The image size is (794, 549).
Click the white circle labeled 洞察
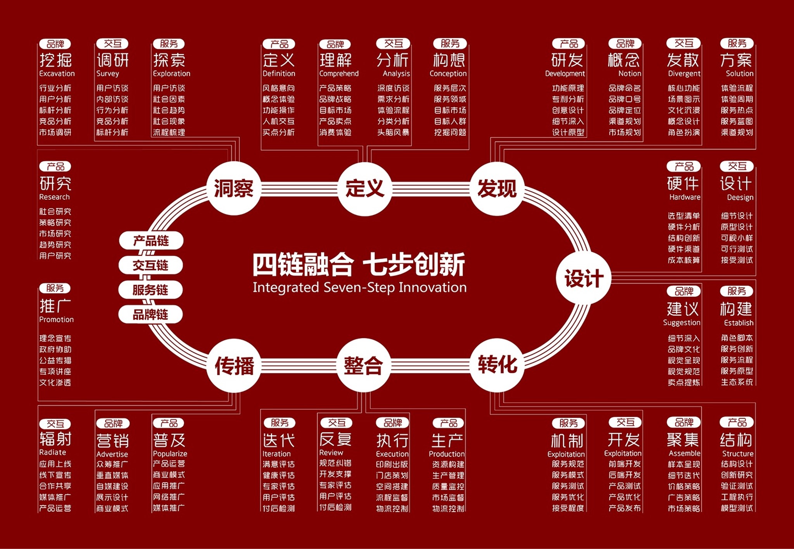[234, 188]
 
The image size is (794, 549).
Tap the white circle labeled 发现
[497, 188]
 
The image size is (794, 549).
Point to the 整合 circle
[364, 365]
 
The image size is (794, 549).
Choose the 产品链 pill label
[151, 241]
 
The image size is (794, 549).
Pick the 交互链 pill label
[151, 265]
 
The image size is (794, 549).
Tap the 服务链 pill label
[150, 290]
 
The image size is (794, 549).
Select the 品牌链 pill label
[150, 314]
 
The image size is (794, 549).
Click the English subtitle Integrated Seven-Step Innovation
[360, 287]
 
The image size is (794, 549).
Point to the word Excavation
[57, 73]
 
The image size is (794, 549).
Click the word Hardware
[685, 197]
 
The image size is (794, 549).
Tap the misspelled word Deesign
[740, 198]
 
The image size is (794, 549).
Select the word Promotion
[56, 319]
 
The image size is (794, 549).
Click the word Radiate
[53, 452]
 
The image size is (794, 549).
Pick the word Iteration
[277, 454]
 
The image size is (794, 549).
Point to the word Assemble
[684, 453]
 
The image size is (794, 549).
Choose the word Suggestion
[682, 323]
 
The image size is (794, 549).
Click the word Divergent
[684, 74]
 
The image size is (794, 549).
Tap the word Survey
[108, 74]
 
